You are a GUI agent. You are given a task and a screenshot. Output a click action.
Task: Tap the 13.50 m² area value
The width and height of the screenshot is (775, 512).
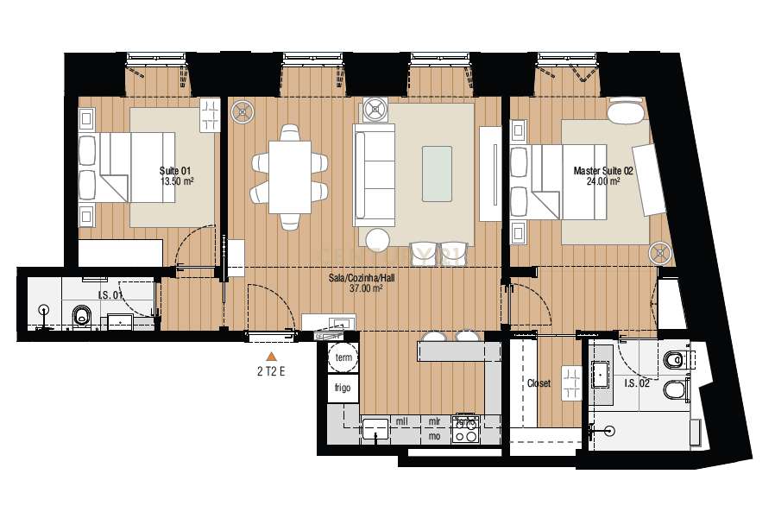point(176,182)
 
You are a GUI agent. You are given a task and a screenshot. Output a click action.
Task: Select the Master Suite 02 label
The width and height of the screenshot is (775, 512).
point(603,171)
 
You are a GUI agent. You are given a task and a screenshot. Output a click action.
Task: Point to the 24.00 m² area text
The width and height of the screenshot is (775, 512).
point(603,182)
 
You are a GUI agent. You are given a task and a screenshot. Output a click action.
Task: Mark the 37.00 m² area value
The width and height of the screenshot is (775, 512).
point(366,289)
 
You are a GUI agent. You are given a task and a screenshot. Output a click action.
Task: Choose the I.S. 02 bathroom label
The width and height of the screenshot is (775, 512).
point(638,382)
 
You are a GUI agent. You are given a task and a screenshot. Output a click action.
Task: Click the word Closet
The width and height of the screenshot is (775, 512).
point(538,383)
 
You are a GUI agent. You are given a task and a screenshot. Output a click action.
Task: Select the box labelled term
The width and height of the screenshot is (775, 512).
point(343,357)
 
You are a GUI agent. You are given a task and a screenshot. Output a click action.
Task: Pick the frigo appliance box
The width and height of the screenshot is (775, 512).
point(343,389)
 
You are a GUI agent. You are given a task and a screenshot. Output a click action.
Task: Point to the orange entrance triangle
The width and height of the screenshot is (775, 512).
point(271,356)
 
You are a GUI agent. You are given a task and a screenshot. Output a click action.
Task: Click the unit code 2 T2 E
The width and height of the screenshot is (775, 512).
point(271,372)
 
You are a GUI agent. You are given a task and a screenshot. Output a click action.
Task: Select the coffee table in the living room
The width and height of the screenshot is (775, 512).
point(436,170)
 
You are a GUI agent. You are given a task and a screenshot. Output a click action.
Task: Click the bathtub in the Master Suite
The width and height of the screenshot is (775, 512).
point(626,112)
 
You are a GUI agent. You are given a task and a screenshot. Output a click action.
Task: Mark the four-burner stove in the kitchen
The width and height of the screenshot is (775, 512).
point(467,429)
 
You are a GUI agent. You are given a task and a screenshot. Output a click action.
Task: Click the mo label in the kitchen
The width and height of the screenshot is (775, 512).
point(434,437)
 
